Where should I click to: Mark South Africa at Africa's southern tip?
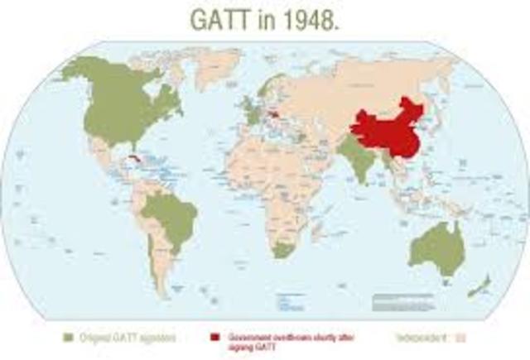coord(283,249)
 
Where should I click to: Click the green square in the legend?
coord(70,337)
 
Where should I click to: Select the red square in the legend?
coord(214,337)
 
